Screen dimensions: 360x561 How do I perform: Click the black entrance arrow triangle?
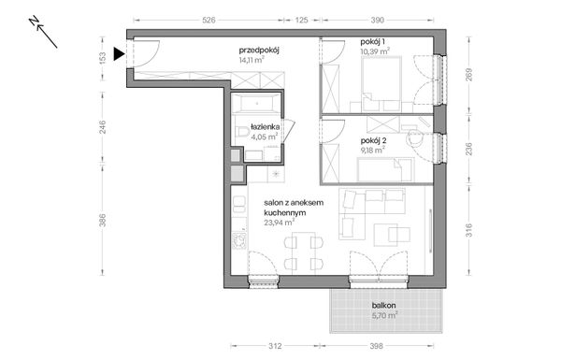[116, 54]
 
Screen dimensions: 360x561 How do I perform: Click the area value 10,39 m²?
[378, 52]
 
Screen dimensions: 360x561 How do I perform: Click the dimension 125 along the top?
[302, 18]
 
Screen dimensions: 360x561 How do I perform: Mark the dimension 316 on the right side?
[467, 230]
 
